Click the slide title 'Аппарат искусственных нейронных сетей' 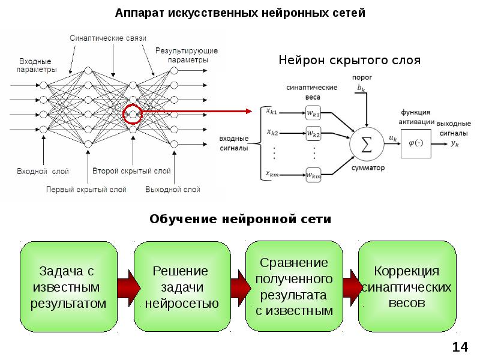(x=240, y=13)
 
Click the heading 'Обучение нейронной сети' (x=240, y=220)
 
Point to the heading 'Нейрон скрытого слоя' (x=350, y=61)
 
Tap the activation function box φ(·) (x=415, y=143)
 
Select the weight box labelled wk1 (x=313, y=113)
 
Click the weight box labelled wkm (x=313, y=175)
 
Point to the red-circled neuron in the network (x=132, y=113)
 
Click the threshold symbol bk (x=360, y=88)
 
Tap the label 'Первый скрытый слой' (x=86, y=190)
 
